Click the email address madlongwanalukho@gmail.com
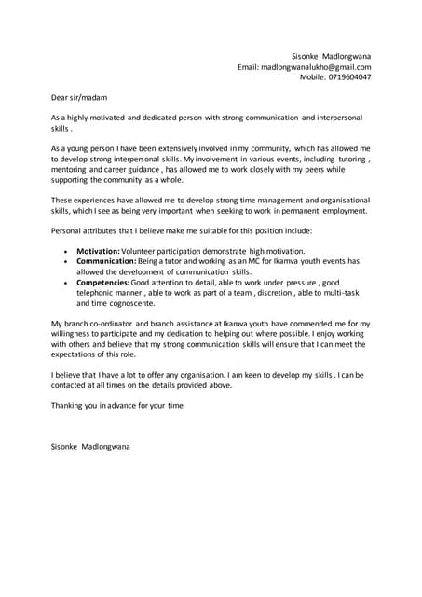[317, 67]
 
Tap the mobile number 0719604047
[348, 77]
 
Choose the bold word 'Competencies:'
[103, 282]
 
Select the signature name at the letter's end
[90, 447]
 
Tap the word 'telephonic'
[98, 292]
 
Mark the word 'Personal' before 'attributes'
[68, 229]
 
